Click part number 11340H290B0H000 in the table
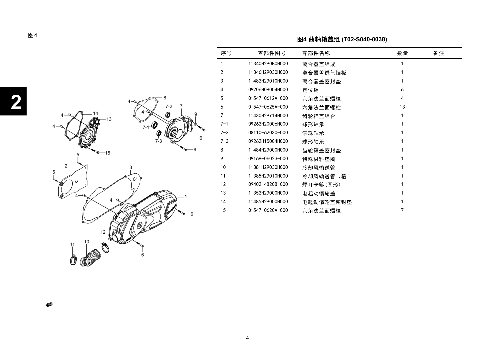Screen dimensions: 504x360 pos(268,64)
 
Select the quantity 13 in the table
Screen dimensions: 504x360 pos(402,107)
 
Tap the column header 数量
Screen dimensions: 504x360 pos(402,53)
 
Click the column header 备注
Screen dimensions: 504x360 pos(438,53)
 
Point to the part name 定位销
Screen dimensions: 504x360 pos(310,90)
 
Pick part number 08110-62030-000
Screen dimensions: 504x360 pos(268,133)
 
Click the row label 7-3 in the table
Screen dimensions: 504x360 pos(224,141)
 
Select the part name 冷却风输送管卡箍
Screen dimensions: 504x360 pos(324,176)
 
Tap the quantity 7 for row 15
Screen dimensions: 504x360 pos(402,210)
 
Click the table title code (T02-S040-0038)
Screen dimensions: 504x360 pos(364,39)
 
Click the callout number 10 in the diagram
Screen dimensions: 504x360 pos(87,242)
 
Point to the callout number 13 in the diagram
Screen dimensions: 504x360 pos(109,119)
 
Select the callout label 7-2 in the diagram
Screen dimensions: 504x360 pos(169,107)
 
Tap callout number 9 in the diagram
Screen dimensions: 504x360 pos(196,114)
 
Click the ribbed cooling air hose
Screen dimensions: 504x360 pos(90,258)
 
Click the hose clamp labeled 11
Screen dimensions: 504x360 pos(73,260)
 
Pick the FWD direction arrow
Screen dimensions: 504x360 pos(49,305)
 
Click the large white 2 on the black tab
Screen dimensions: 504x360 pos(16,102)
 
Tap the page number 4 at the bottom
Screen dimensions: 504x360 pos(247,338)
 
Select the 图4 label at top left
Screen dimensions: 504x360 pos(33,35)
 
